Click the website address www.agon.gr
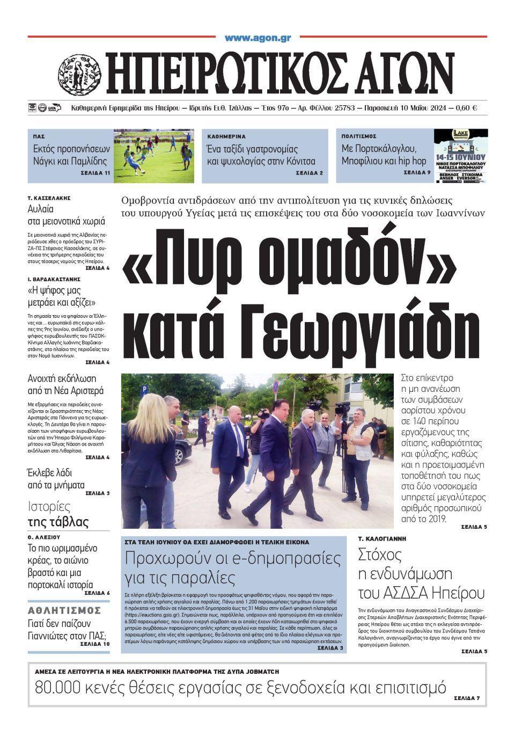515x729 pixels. (257, 38)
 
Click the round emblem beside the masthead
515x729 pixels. (79, 74)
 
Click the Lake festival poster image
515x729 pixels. (461, 156)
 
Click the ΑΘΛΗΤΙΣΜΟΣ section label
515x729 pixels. (64, 610)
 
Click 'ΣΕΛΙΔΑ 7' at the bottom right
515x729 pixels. (466, 698)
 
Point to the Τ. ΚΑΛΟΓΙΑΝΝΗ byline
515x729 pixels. (382, 538)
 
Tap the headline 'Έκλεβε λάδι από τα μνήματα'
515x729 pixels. (56, 479)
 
